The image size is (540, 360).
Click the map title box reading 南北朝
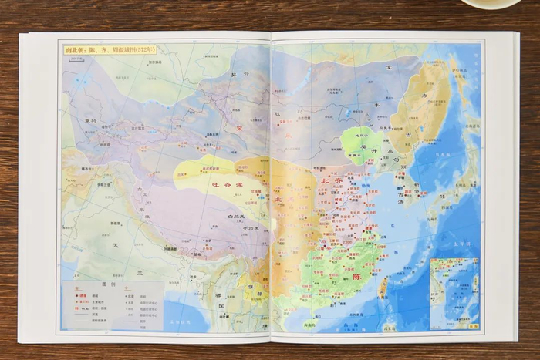click(x=109, y=49)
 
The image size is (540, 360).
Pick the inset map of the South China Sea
click(x=454, y=293)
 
